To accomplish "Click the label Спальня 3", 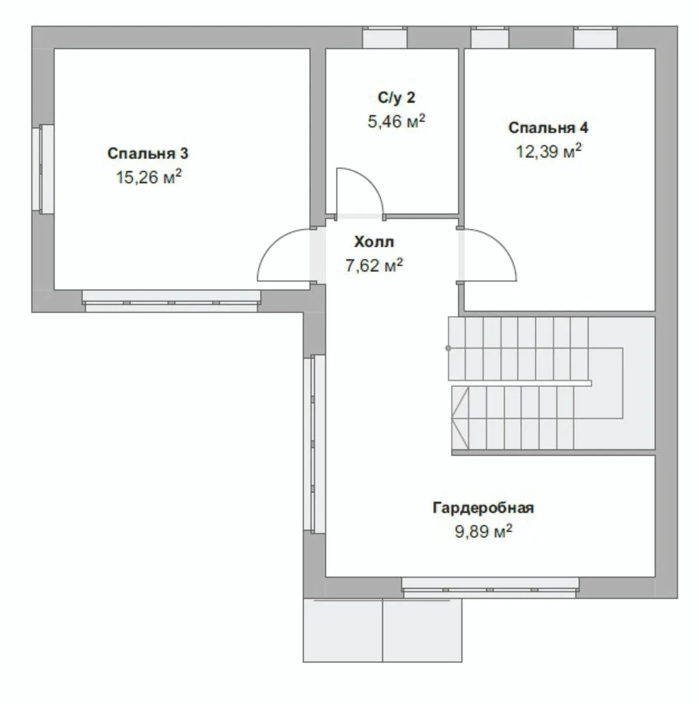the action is coord(148,154).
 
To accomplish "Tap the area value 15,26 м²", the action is coord(149,177).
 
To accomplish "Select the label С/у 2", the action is coord(397,97).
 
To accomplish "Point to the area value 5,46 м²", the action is coord(397,121).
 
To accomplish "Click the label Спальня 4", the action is coord(548,128).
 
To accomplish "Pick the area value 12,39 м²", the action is coord(549,151).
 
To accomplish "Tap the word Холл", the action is coord(374,242).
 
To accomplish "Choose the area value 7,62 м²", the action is coord(374,265).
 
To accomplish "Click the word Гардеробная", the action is coord(483,508).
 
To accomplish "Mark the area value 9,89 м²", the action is coord(483,531).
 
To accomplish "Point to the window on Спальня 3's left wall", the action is coord(43,169).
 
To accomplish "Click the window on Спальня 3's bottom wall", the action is coord(172,301).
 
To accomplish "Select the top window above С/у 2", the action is coord(385,37).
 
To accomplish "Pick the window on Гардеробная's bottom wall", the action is coord(491,587).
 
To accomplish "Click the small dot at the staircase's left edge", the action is coord(448,348).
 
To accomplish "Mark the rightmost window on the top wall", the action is coord(596,37).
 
